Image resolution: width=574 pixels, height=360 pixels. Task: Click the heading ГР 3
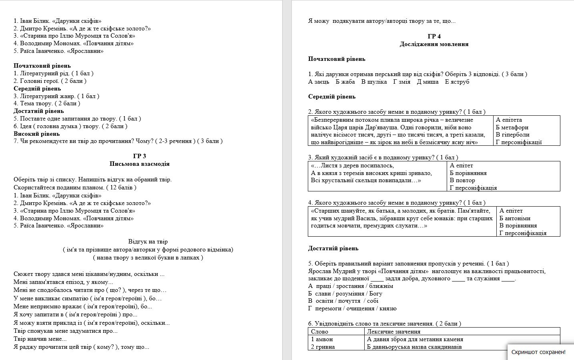pos(139,156)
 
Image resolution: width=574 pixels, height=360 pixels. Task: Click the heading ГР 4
pos(434,36)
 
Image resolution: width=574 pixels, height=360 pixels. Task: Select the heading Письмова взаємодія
pos(139,164)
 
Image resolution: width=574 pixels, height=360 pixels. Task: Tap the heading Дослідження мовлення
pos(434,44)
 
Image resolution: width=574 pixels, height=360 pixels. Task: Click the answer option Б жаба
pos(345,82)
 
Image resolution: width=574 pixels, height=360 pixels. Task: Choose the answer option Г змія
pos(401,82)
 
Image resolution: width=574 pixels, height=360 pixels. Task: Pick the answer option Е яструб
pos(457,82)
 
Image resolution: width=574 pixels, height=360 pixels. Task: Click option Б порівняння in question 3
pos(468,173)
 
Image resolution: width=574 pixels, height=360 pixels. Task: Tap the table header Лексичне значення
pos(393,332)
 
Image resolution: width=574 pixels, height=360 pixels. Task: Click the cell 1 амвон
pos(322,339)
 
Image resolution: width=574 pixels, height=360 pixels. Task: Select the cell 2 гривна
pos(323,347)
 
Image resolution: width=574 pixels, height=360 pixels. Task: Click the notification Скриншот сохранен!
pos(538,352)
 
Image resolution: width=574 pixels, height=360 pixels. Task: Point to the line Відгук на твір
pos(148,241)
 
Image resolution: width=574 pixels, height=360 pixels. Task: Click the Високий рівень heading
pos(36,134)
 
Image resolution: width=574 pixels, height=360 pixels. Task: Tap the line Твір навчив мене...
pos(40,339)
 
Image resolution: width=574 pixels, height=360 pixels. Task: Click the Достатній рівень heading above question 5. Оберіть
pos(333,248)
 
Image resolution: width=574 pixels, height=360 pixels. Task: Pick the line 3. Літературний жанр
pos(56,96)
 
